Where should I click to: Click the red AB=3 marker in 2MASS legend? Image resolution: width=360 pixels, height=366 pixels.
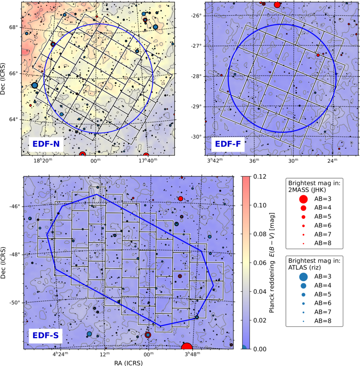[303, 199]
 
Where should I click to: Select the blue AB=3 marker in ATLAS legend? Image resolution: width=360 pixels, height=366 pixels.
[303, 276]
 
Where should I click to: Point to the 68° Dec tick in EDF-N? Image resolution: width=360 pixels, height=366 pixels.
[14, 28]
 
